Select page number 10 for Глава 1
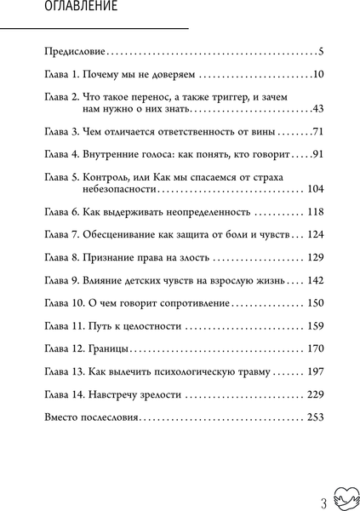coord(318,76)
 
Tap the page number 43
coord(319,111)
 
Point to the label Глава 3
coord(61,134)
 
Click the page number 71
coord(319,134)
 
